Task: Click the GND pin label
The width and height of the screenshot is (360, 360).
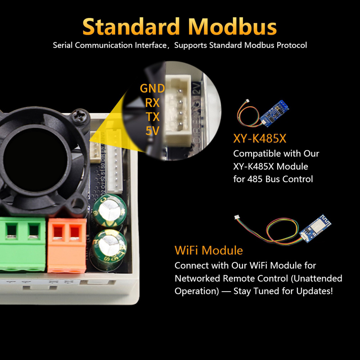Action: [x=152, y=88]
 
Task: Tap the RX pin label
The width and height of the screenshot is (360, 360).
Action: [x=152, y=103]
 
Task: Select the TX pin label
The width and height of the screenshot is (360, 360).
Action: [x=153, y=117]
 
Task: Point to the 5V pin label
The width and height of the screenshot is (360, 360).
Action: [x=153, y=131]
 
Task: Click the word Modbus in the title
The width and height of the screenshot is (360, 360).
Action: [x=232, y=27]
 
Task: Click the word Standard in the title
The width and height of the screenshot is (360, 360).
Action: [x=131, y=27]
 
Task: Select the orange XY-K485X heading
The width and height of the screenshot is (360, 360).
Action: [x=260, y=139]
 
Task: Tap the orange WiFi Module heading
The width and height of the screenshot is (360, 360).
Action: [x=209, y=250]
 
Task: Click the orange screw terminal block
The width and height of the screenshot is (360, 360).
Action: [x=67, y=245]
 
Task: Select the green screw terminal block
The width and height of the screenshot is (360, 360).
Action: [x=22, y=244]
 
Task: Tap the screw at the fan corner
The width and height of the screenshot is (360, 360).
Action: [x=80, y=117]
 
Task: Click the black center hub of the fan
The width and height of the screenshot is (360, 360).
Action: [x=35, y=160]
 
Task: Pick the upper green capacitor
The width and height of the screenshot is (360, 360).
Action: [x=109, y=211]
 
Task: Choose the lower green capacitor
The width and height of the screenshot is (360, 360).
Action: [x=109, y=249]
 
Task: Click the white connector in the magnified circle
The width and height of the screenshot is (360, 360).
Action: [x=178, y=110]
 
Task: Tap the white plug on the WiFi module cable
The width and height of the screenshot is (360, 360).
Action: [x=237, y=217]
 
